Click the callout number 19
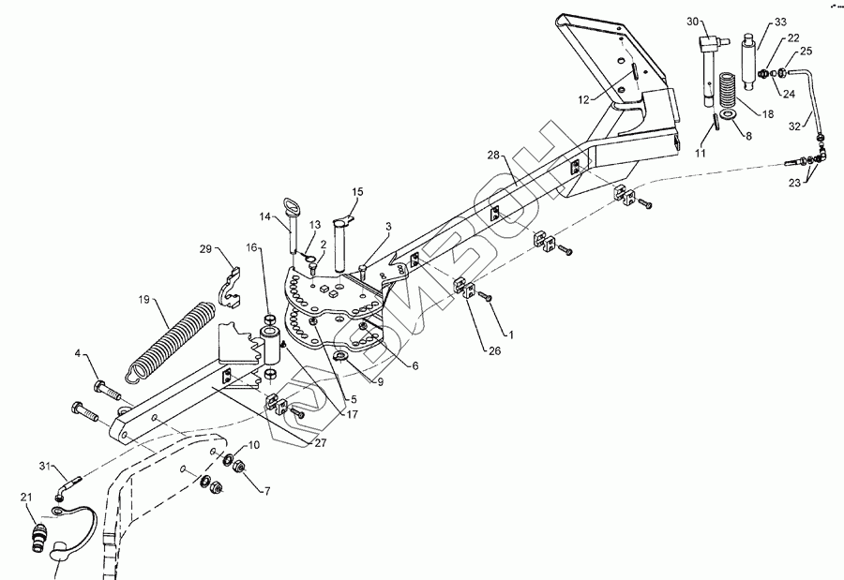(144, 301)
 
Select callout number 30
(692, 22)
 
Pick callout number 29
(204, 249)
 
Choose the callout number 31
(44, 466)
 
